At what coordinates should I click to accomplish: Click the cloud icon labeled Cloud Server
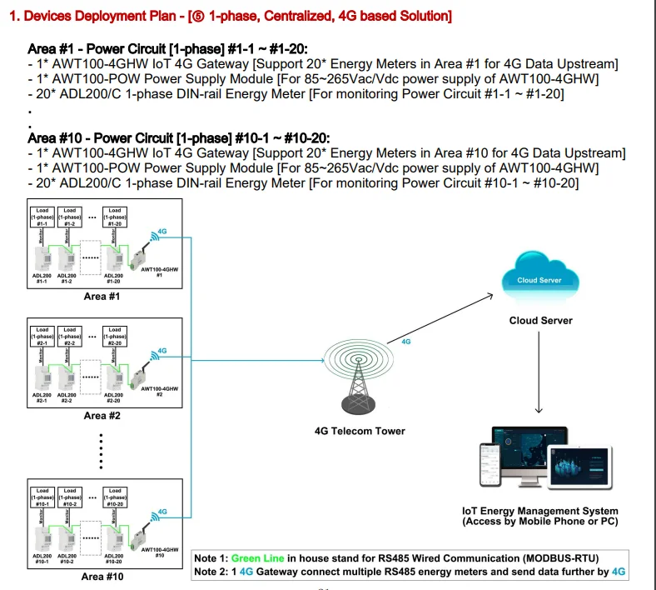[539, 278]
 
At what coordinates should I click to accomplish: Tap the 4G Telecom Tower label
[360, 431]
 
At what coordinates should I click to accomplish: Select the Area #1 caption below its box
[102, 297]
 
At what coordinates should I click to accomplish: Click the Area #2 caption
[102, 415]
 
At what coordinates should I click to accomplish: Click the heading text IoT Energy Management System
[539, 511]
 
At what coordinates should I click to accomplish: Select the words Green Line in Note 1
[259, 557]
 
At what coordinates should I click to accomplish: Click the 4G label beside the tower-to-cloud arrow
[406, 342]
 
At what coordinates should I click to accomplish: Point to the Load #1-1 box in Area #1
[42, 217]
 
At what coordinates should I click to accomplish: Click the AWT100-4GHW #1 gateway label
[159, 272]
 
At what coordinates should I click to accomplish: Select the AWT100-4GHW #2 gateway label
[159, 391]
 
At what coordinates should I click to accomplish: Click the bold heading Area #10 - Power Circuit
[178, 137]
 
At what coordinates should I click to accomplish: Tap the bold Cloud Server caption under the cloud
[540, 320]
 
